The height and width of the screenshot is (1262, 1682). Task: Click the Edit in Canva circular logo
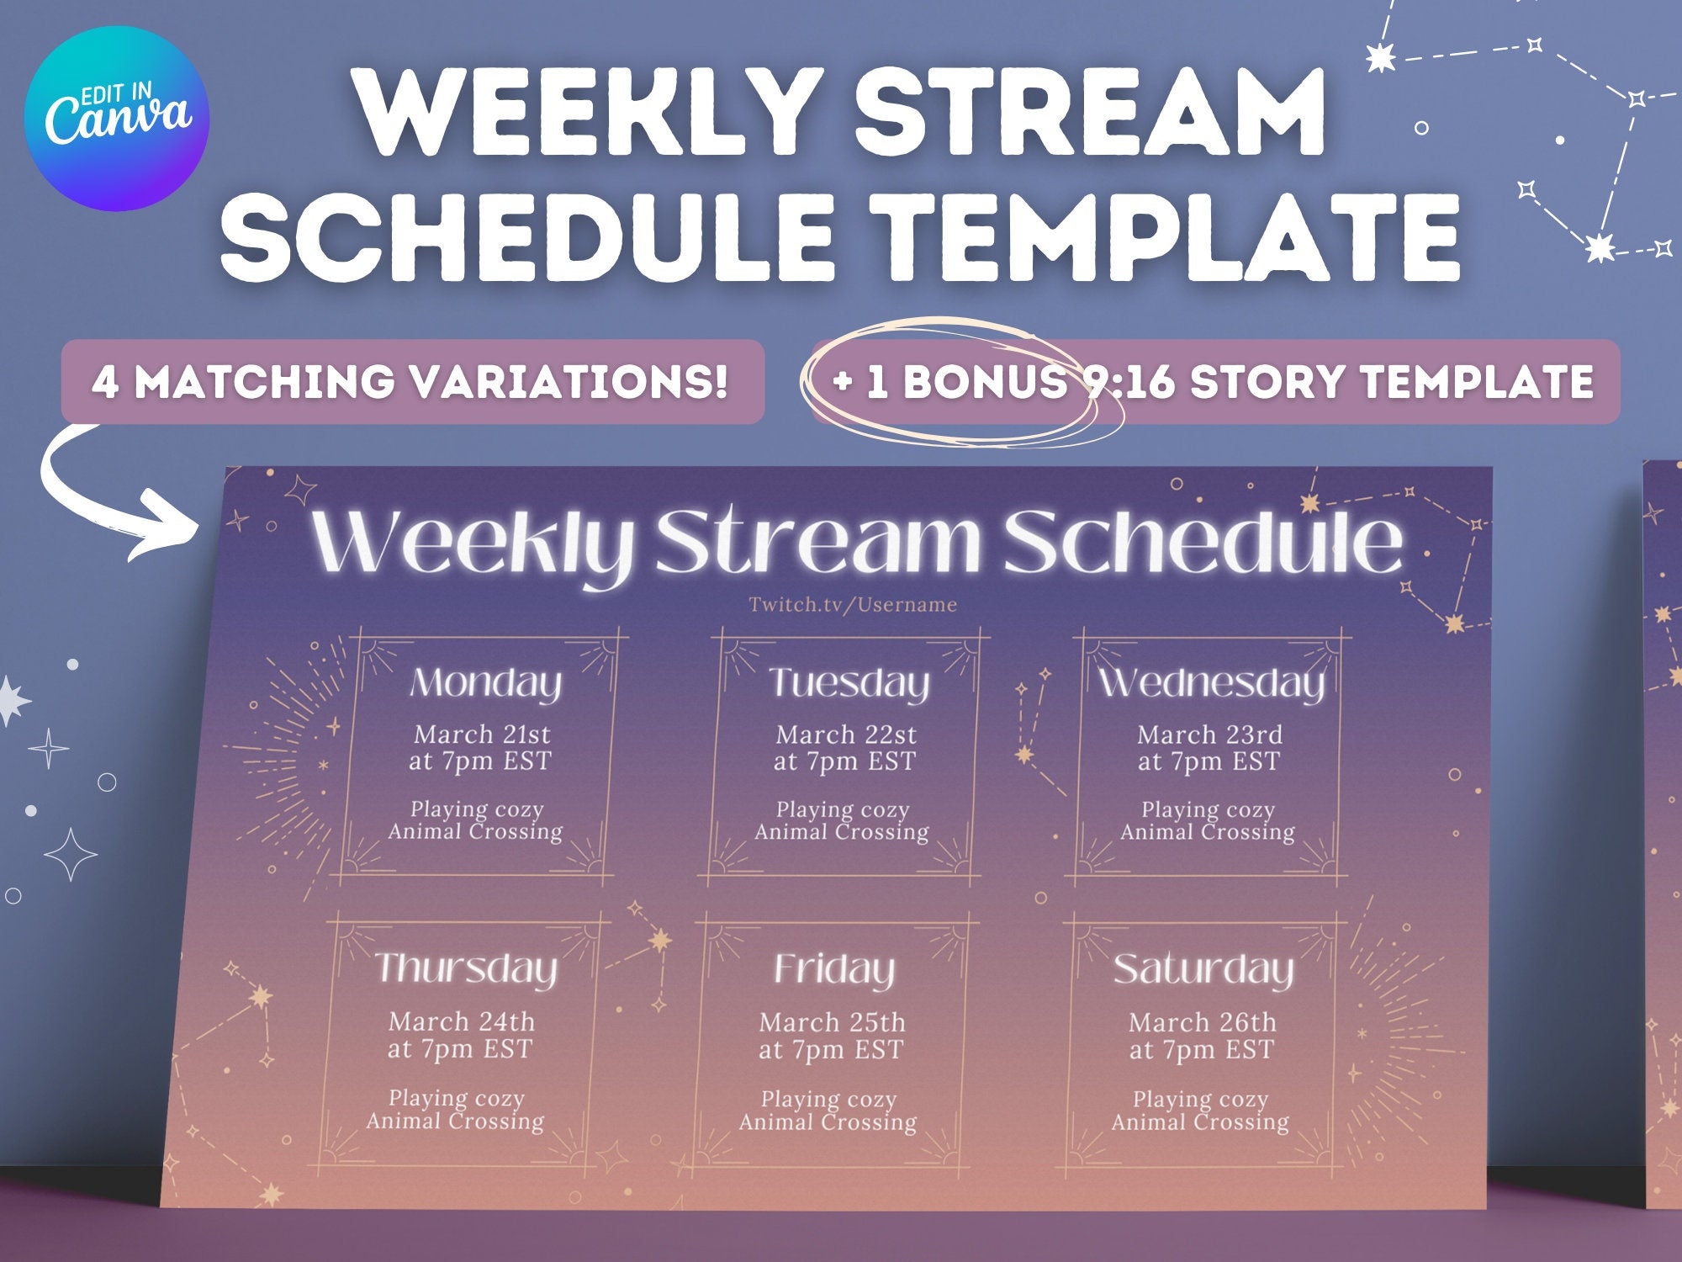click(116, 118)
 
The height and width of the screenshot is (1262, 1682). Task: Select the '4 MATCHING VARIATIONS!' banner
click(411, 381)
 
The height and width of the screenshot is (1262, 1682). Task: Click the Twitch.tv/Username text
click(853, 604)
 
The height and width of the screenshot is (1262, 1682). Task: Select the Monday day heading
click(485, 683)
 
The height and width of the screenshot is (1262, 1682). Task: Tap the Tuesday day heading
click(849, 683)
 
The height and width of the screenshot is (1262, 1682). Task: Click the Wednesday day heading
click(1211, 683)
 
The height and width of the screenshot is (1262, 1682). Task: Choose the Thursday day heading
click(466, 969)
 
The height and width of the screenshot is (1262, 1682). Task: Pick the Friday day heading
click(834, 969)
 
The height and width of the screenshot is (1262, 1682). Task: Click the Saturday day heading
click(1203, 969)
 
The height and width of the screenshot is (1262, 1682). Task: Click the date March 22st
click(845, 734)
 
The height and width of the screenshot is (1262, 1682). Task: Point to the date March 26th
click(1202, 1022)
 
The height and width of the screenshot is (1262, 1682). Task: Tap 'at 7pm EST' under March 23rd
click(1208, 762)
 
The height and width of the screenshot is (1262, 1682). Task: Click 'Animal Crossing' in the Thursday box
click(455, 1121)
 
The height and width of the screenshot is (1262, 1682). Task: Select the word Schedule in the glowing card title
click(1203, 543)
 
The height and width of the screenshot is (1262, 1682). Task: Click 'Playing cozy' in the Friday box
click(828, 1099)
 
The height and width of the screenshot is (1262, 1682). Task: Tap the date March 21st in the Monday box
click(482, 734)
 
